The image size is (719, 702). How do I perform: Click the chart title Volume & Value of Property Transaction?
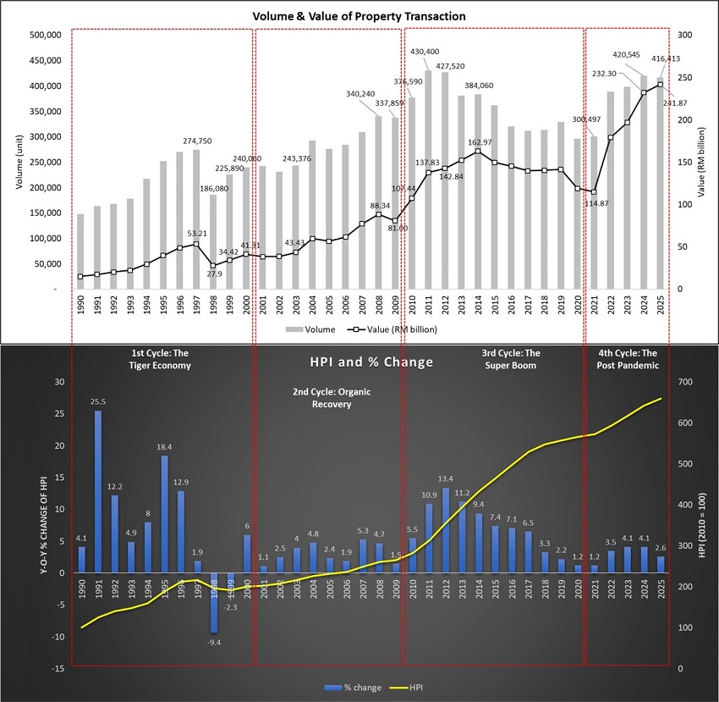[359, 16]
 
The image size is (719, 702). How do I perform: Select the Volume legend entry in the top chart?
[315, 329]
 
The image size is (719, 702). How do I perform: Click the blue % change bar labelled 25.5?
[98, 491]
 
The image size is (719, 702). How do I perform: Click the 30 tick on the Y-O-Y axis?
[58, 382]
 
